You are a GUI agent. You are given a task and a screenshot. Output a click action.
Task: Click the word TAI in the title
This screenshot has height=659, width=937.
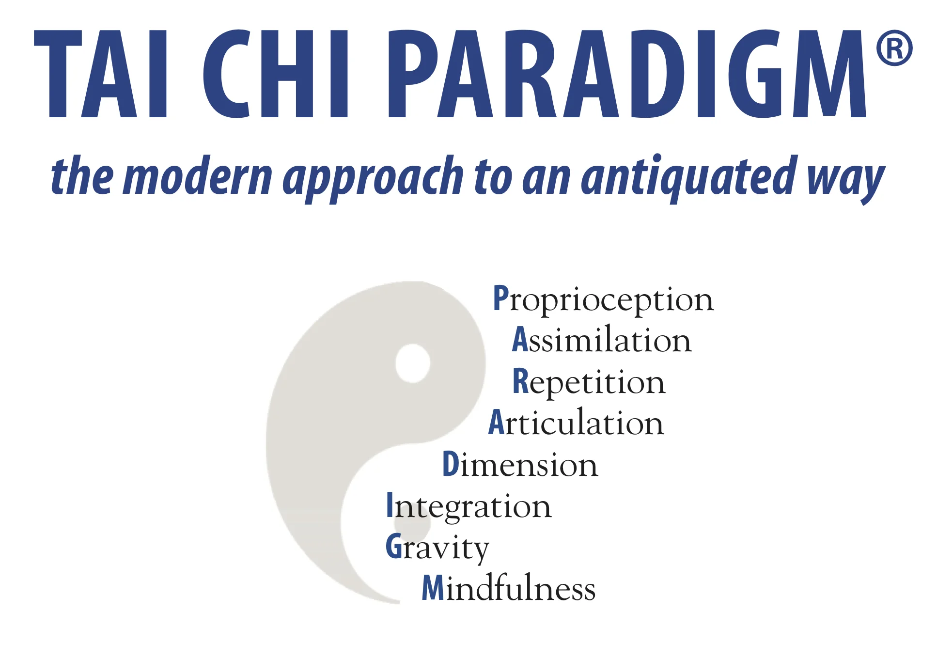pyautogui.click(x=101, y=74)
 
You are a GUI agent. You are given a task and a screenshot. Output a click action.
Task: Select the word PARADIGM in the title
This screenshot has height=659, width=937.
pyautogui.click(x=627, y=74)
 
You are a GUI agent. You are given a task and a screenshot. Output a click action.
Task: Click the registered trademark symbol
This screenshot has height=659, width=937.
pyautogui.click(x=894, y=48)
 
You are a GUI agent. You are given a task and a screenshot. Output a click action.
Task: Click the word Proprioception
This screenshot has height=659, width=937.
pyautogui.click(x=603, y=299)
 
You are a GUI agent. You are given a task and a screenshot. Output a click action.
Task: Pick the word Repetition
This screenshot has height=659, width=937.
pyautogui.click(x=589, y=382)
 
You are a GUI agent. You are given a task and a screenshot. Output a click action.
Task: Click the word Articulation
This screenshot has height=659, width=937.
pyautogui.click(x=576, y=423)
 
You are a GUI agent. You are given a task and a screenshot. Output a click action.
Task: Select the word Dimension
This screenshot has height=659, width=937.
pyautogui.click(x=520, y=464)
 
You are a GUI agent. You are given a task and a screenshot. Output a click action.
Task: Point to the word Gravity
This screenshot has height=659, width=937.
pyautogui.click(x=437, y=548)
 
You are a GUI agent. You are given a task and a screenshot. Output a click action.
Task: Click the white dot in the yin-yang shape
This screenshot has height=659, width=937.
pyautogui.click(x=412, y=363)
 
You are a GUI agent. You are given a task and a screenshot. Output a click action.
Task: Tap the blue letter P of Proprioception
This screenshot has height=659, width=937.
pyautogui.click(x=500, y=298)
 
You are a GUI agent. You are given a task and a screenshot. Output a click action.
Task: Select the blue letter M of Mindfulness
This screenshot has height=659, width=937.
pyautogui.click(x=433, y=588)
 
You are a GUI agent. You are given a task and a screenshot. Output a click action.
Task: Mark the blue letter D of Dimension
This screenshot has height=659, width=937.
pyautogui.click(x=450, y=464)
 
